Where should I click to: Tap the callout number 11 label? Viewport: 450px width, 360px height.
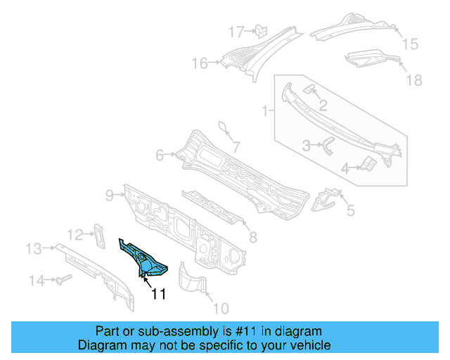159,295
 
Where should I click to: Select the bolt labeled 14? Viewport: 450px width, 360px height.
60,280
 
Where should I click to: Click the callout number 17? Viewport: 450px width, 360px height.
236,31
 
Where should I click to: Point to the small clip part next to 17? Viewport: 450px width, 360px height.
259,30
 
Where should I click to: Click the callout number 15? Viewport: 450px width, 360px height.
409,44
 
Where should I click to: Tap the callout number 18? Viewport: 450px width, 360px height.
414,80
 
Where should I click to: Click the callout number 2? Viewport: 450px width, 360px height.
323,106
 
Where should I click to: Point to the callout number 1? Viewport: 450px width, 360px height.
265,111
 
